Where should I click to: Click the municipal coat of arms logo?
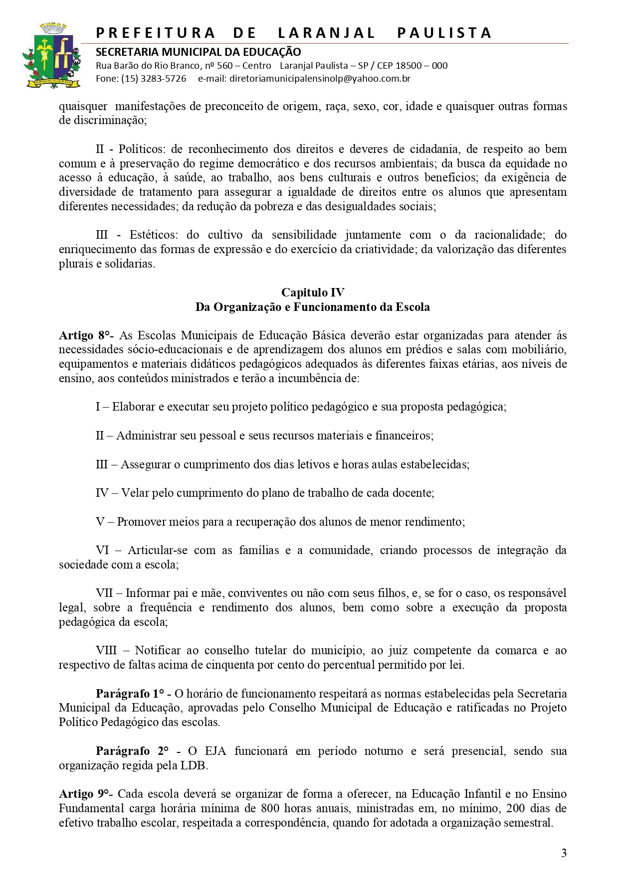click(x=51, y=55)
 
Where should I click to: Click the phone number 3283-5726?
click(x=164, y=79)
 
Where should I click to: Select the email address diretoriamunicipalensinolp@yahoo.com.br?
click(x=320, y=79)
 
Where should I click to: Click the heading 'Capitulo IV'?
click(x=313, y=292)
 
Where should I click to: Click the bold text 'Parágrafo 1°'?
click(x=130, y=694)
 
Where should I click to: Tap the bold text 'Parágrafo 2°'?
click(x=132, y=751)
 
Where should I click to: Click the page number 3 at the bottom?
click(x=564, y=853)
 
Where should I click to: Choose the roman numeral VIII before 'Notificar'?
click(x=106, y=650)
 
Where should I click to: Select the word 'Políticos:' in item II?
click(x=141, y=149)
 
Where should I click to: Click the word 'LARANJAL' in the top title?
click(x=326, y=33)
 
